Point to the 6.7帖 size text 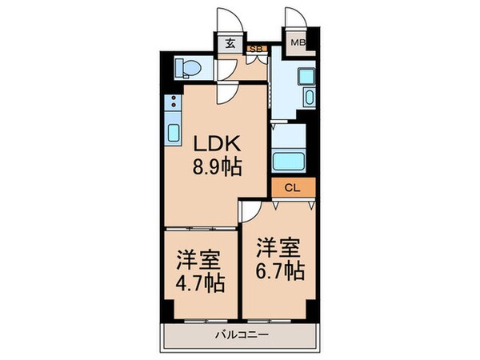point(281,270)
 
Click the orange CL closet point(293,188)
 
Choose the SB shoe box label point(257,49)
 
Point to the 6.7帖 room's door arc point(250,210)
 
